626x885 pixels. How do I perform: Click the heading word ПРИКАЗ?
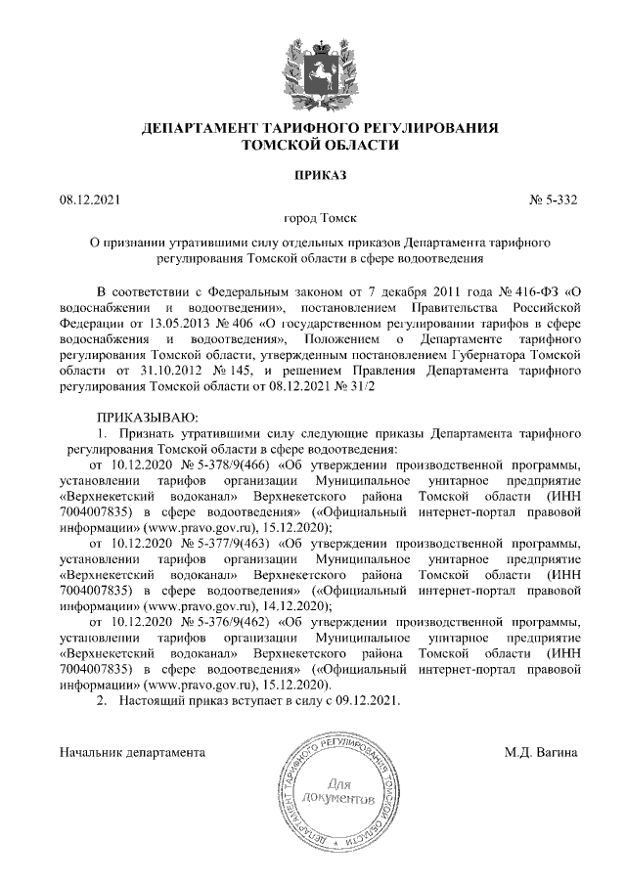click(312, 175)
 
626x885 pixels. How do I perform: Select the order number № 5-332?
click(553, 200)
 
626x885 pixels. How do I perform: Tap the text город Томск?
click(312, 221)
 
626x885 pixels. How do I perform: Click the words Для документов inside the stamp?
click(337, 793)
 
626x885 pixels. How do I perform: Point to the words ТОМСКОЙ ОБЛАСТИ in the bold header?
click(312, 144)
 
